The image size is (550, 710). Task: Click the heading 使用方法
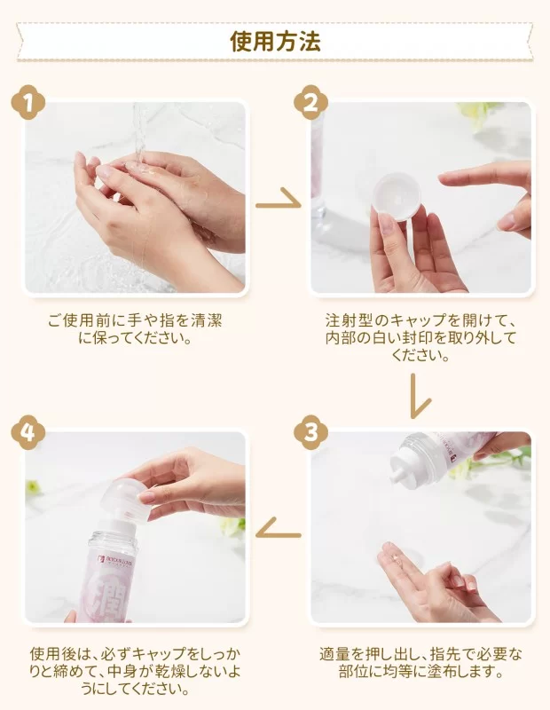coord(275,42)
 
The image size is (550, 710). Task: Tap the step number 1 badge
coord(28,103)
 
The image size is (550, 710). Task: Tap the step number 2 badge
coord(310,103)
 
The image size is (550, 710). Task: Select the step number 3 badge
coord(310,432)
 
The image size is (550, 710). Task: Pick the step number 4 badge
coord(28,432)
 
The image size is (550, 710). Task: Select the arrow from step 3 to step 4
coord(276,530)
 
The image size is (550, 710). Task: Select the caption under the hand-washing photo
coord(135,329)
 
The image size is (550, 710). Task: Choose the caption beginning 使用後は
coord(135,671)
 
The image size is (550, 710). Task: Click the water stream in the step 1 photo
coord(139,133)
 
